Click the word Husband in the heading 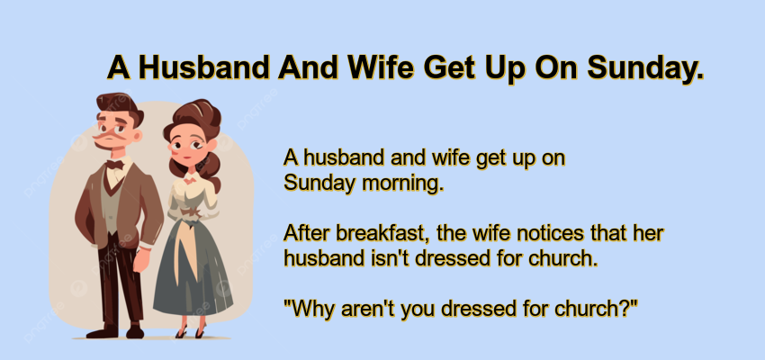tap(203, 67)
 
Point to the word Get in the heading tap(449, 67)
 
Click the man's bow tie tap(115, 165)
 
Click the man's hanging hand tap(141, 260)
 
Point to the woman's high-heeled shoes tap(191, 332)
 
